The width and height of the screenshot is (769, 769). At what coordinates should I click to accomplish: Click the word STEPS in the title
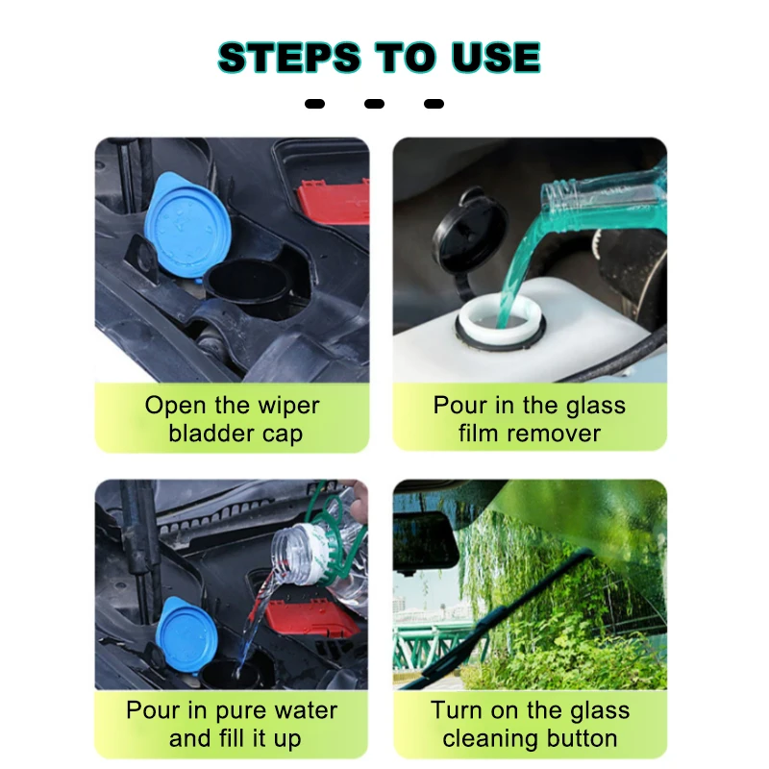290,57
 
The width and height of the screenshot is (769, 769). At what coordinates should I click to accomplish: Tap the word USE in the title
496,57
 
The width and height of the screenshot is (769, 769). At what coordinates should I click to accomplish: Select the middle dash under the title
374,104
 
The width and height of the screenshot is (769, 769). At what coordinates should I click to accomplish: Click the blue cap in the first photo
187,226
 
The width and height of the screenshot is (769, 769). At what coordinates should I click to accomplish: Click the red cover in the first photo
333,201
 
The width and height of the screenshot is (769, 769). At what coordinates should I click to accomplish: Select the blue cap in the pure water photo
186,633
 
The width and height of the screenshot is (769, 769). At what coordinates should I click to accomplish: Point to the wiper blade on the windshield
495,618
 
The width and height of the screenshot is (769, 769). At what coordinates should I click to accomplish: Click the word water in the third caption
307,710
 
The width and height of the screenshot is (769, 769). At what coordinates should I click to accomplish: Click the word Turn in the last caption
456,710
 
